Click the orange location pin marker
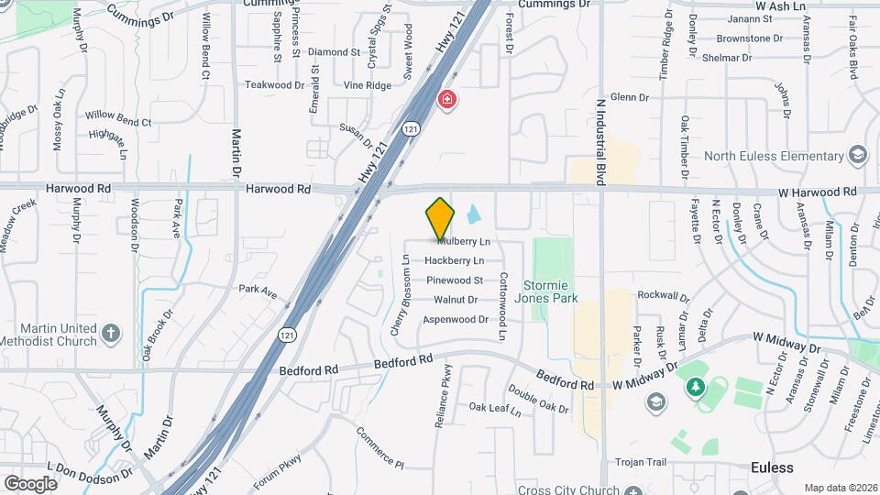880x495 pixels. (x=440, y=218)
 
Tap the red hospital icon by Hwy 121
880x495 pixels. (x=446, y=99)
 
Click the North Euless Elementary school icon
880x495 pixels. (x=858, y=155)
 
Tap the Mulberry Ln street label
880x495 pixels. (x=464, y=242)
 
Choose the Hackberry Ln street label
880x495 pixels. (x=454, y=260)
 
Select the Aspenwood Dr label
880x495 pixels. (x=455, y=319)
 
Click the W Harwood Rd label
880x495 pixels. (x=817, y=192)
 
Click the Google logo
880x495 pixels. (x=30, y=483)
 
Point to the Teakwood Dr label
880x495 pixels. (x=274, y=84)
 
